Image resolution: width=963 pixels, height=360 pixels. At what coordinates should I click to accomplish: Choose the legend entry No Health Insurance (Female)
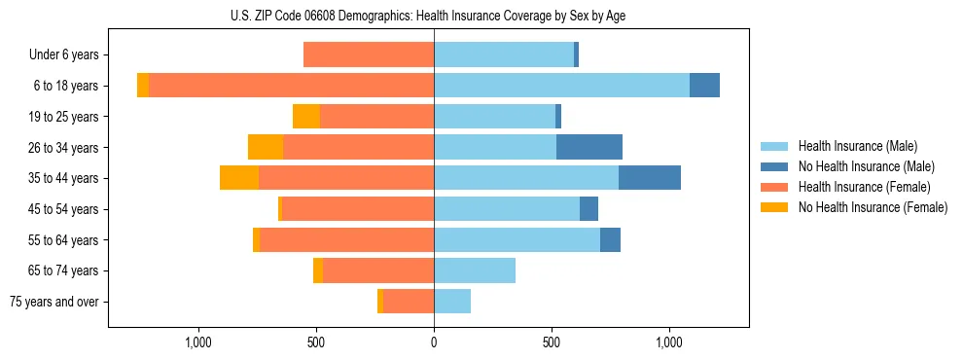tap(873, 206)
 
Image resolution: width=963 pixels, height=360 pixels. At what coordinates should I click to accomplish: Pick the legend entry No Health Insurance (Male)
tap(866, 166)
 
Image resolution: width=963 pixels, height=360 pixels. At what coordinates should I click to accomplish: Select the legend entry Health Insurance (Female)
tap(864, 187)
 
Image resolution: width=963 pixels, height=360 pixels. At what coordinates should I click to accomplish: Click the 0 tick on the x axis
tap(434, 343)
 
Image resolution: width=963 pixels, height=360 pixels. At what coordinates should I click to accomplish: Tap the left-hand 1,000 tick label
tap(197, 343)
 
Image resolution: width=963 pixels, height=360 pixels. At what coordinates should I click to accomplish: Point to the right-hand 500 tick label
tap(552, 343)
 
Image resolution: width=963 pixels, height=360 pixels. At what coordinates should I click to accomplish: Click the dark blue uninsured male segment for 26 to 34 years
tap(589, 147)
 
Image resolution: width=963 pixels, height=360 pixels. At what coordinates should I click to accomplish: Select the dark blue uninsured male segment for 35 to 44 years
tap(650, 178)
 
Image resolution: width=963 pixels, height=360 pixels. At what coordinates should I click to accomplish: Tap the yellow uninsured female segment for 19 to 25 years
tap(306, 117)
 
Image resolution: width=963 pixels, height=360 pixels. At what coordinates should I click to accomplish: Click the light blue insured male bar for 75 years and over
tap(452, 302)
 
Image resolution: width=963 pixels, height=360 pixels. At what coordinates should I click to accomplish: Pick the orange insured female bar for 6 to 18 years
tap(292, 86)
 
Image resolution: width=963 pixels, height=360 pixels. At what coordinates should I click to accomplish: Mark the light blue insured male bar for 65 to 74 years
tap(475, 270)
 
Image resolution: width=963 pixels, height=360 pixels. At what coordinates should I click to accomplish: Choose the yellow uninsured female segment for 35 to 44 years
tap(239, 178)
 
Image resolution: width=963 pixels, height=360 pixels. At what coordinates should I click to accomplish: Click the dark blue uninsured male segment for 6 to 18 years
tap(704, 86)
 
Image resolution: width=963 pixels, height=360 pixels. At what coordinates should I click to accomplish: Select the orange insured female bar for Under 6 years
tap(369, 55)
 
